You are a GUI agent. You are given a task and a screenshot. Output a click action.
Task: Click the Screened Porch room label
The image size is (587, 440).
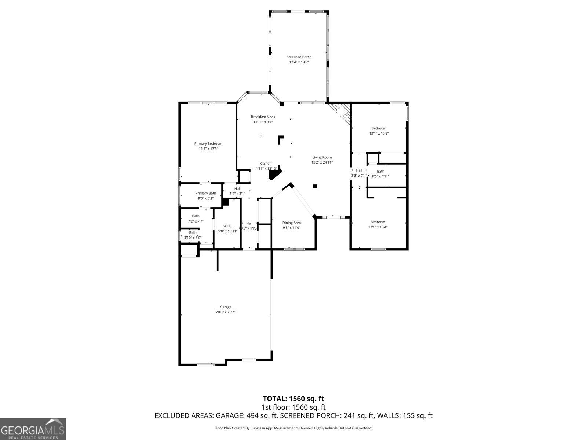(299, 57)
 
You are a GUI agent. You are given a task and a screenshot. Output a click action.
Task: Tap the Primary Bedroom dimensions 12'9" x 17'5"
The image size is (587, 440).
(208, 149)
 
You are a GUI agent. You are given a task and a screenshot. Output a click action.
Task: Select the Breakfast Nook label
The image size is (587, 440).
(263, 117)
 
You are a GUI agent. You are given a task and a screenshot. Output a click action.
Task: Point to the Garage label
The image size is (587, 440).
(225, 307)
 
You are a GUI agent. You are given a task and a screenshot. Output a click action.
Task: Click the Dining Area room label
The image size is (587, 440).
(291, 223)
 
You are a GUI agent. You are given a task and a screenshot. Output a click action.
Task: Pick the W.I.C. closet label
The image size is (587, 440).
(228, 226)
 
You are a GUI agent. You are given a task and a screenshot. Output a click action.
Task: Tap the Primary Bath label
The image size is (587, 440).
(205, 193)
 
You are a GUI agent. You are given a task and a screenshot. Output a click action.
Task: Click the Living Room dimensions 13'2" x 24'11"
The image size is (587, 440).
(322, 162)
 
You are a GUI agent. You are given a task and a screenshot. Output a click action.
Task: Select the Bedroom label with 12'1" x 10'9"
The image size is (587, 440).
(379, 128)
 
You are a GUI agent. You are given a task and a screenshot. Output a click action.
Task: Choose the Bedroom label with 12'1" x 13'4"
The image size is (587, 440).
(378, 222)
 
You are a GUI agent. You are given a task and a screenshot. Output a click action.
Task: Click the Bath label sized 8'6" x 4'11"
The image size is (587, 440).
(380, 172)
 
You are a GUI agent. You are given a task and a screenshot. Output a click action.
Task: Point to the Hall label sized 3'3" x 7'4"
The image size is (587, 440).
(359, 170)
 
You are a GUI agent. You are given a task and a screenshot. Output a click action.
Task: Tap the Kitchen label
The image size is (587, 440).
(265, 164)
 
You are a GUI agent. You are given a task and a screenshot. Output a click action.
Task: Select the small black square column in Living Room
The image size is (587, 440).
(314, 186)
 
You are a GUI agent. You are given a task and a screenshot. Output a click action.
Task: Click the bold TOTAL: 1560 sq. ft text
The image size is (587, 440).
(293, 399)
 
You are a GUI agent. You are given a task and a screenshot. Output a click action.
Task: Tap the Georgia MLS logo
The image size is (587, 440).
(33, 429)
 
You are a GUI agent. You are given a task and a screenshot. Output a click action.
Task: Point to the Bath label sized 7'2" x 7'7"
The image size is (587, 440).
(196, 216)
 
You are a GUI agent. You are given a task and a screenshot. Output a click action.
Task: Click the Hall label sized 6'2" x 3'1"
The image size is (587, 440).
(237, 189)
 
